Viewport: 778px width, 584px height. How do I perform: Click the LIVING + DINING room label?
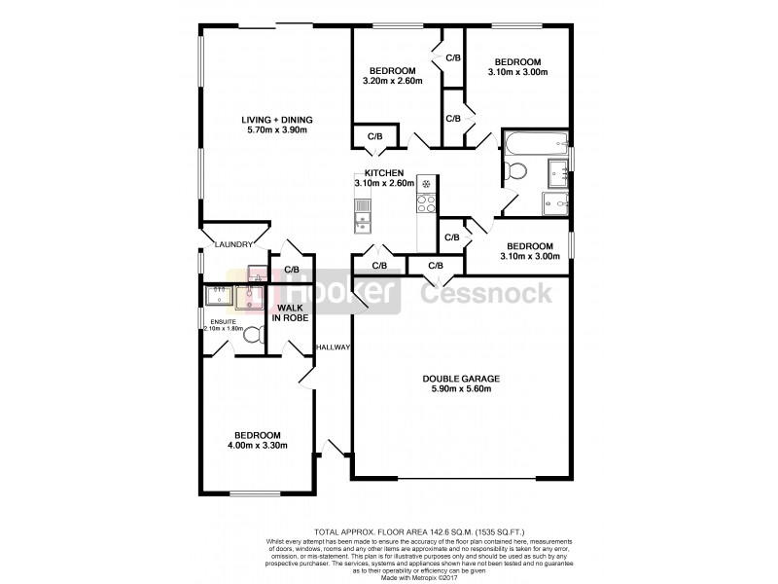coord(277,121)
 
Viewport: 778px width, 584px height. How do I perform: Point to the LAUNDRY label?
coord(233,244)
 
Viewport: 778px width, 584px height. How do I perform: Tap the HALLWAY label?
coord(332,347)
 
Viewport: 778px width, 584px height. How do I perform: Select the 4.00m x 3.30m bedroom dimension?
coord(257,447)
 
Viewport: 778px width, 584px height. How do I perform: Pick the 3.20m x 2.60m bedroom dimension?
coord(393,81)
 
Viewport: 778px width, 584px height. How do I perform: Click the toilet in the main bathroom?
coord(516,172)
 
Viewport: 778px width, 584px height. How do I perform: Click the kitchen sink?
coord(362,205)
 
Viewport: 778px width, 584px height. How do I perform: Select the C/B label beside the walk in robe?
coord(291,270)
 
